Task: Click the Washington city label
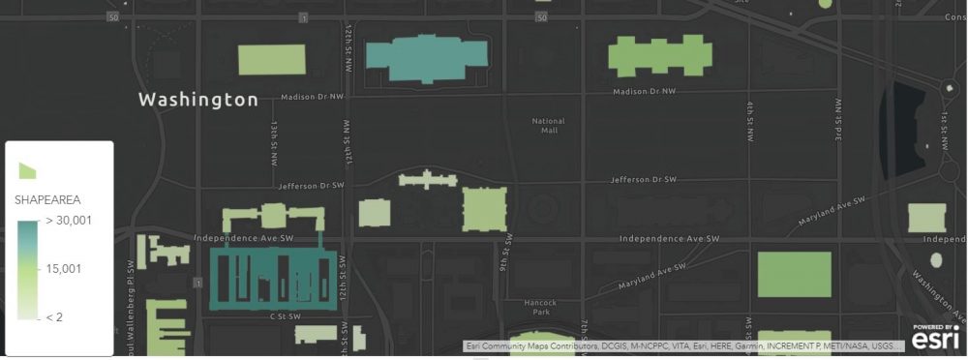pos(198,100)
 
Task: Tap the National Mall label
pos(549,125)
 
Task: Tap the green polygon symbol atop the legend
pos(28,170)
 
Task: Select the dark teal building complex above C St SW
pos(275,278)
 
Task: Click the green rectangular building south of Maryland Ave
pos(794,274)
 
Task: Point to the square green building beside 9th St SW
pos(484,209)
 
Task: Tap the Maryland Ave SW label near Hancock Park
pos(656,274)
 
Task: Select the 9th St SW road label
pos(504,254)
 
